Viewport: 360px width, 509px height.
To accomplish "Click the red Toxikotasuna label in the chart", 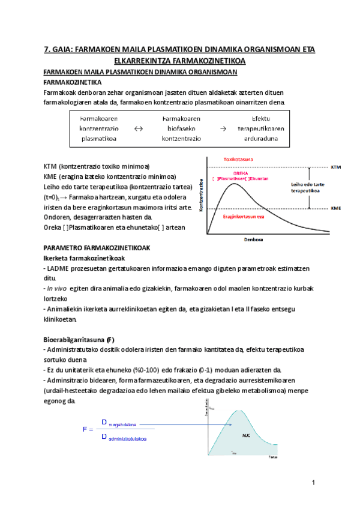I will click(238, 159).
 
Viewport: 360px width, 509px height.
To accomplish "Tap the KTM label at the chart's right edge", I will click(338, 166).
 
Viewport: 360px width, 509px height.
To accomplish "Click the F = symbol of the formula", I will click(88, 430).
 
